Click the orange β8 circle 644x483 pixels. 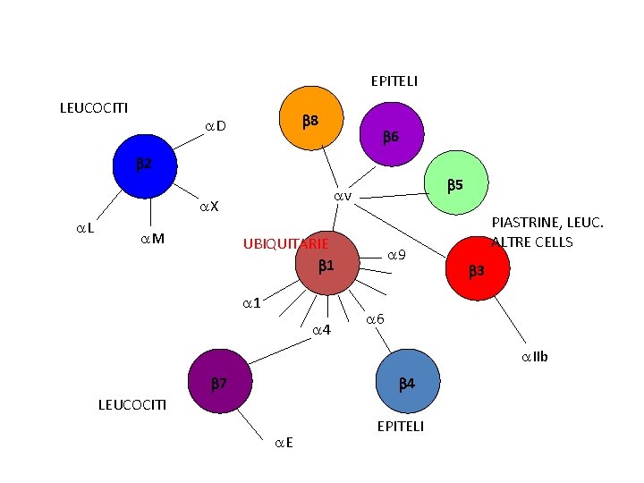[x=310, y=121]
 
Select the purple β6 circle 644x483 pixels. [x=389, y=138]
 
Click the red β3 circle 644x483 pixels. [x=476, y=268]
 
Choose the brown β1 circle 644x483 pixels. [x=324, y=267]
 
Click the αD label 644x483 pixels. [x=215, y=126]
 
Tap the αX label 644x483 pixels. [x=208, y=208]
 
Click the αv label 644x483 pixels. [x=343, y=197]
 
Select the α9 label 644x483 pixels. [x=397, y=256]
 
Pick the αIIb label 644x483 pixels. [x=535, y=358]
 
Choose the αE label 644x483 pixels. [x=285, y=442]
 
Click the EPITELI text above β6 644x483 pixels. [x=394, y=81]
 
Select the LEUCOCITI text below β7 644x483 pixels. [x=131, y=405]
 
